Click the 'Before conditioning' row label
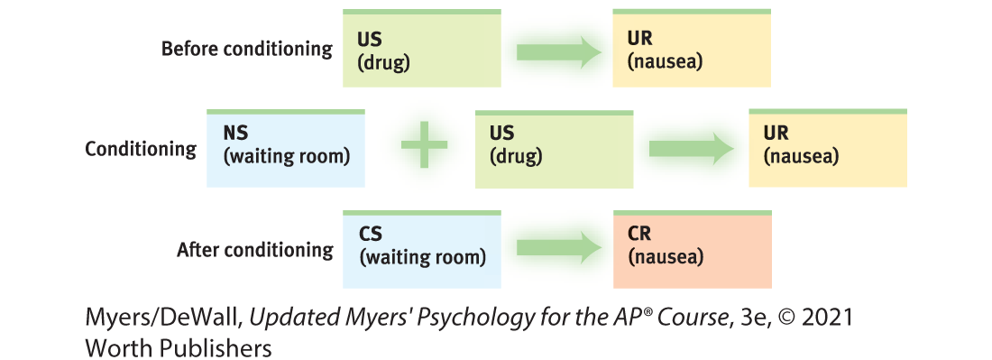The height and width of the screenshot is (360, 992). click(x=247, y=50)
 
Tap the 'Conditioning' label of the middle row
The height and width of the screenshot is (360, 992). click(x=141, y=149)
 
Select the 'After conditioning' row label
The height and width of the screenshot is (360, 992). click(x=255, y=250)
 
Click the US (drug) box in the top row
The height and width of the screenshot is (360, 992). click(x=421, y=48)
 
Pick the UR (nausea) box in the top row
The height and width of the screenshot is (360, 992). click(x=692, y=48)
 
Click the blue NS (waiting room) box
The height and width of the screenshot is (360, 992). click(x=286, y=148)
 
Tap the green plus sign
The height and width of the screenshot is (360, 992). click(x=425, y=145)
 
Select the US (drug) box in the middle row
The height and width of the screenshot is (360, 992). click(x=555, y=149)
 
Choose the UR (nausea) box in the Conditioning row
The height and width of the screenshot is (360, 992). click(x=828, y=148)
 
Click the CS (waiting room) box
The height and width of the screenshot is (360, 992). click(x=421, y=249)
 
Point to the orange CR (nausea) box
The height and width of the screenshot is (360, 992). click(x=692, y=249)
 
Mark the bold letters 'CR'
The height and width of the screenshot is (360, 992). click(x=639, y=235)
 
